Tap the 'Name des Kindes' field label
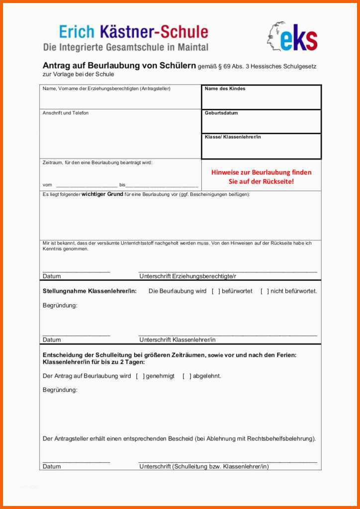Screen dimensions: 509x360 (x=225, y=88)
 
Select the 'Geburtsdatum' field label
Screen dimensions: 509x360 (x=221, y=113)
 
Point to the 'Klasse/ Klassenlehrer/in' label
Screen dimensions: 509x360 (x=233, y=137)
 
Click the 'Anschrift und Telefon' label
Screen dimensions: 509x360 (x=66, y=113)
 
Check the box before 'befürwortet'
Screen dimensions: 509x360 (x=216, y=291)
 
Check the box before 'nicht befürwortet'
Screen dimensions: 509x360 (x=265, y=291)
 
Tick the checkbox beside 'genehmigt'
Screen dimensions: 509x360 (x=140, y=376)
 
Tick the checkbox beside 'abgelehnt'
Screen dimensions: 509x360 (x=186, y=376)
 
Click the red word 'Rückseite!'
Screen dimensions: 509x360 (x=275, y=181)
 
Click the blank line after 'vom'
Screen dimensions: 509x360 (x=87, y=184)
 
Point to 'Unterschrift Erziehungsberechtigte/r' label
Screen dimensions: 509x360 (x=187, y=276)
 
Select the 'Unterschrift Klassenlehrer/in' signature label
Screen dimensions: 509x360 (x=178, y=340)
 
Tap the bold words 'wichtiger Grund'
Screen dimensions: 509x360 (x=102, y=194)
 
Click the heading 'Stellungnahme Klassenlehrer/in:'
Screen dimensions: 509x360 (x=90, y=291)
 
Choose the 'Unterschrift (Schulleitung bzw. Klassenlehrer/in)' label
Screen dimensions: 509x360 (x=204, y=467)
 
